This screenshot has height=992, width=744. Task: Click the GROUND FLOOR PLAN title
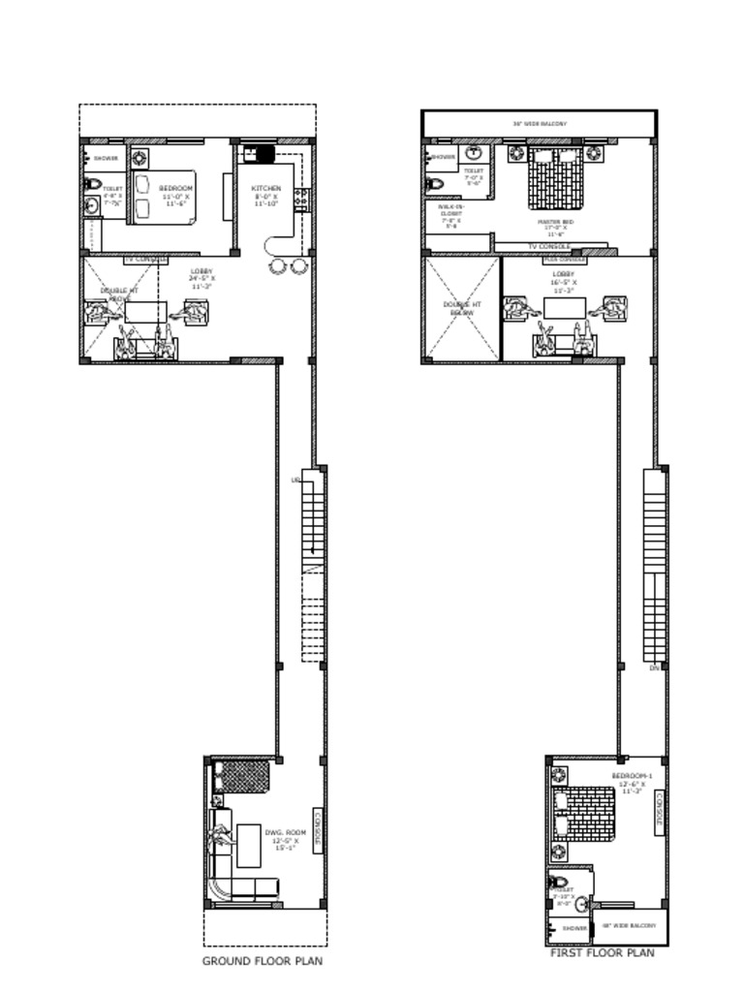coord(262,961)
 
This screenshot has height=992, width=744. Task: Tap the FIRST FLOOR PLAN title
coord(602,953)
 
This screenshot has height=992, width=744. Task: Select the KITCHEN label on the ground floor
coord(266,188)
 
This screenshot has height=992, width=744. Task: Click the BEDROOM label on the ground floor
coord(175,188)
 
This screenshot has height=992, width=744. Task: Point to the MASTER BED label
coord(555,222)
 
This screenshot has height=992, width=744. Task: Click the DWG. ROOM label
coord(285,832)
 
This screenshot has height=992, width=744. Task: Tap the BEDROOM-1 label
coord(633,777)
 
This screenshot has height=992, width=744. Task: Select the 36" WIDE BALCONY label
coord(540,124)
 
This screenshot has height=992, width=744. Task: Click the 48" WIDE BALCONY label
coord(629,925)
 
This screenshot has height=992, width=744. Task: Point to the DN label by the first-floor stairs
coord(655,668)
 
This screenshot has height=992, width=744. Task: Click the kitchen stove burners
coord(301,199)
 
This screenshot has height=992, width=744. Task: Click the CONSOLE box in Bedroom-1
coord(660,810)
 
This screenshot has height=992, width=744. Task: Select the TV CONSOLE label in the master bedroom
coord(548,246)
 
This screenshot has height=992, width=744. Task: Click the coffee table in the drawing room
coord(249,845)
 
